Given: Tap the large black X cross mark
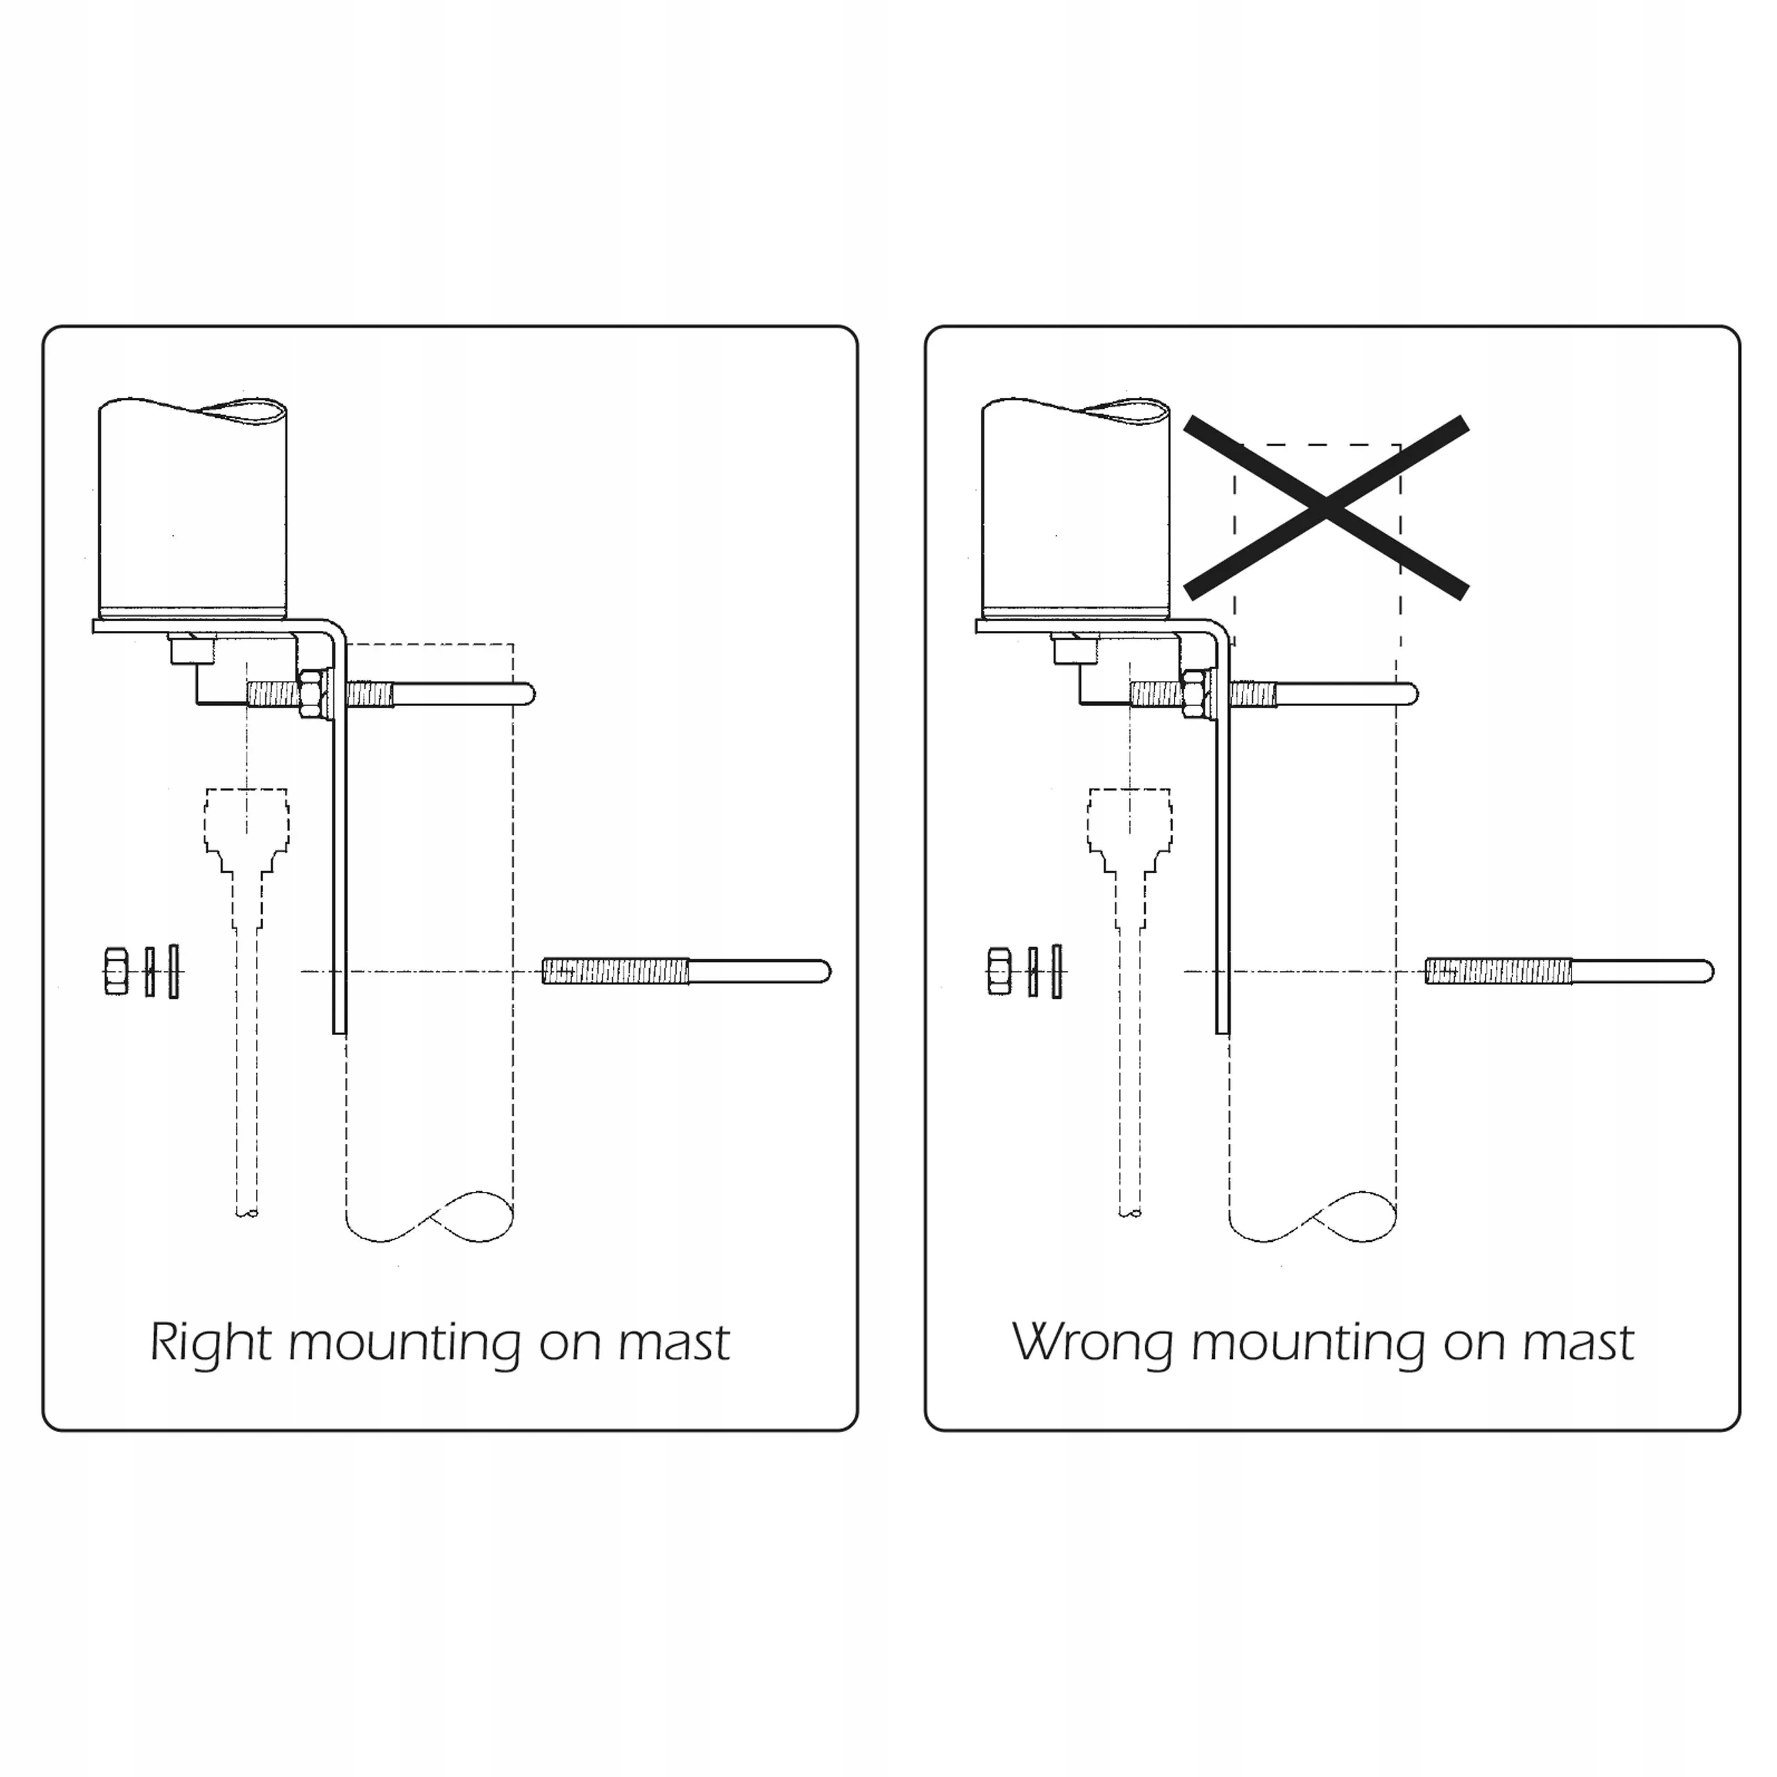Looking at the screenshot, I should [1325, 507].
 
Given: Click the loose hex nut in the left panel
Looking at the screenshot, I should [116, 971].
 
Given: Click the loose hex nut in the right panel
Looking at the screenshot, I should [999, 971].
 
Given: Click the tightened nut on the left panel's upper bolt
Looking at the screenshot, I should [311, 693].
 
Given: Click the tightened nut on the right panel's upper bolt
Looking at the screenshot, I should [1194, 693].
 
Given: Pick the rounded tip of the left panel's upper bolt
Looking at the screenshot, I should [528, 693].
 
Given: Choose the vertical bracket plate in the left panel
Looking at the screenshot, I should [339, 874].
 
